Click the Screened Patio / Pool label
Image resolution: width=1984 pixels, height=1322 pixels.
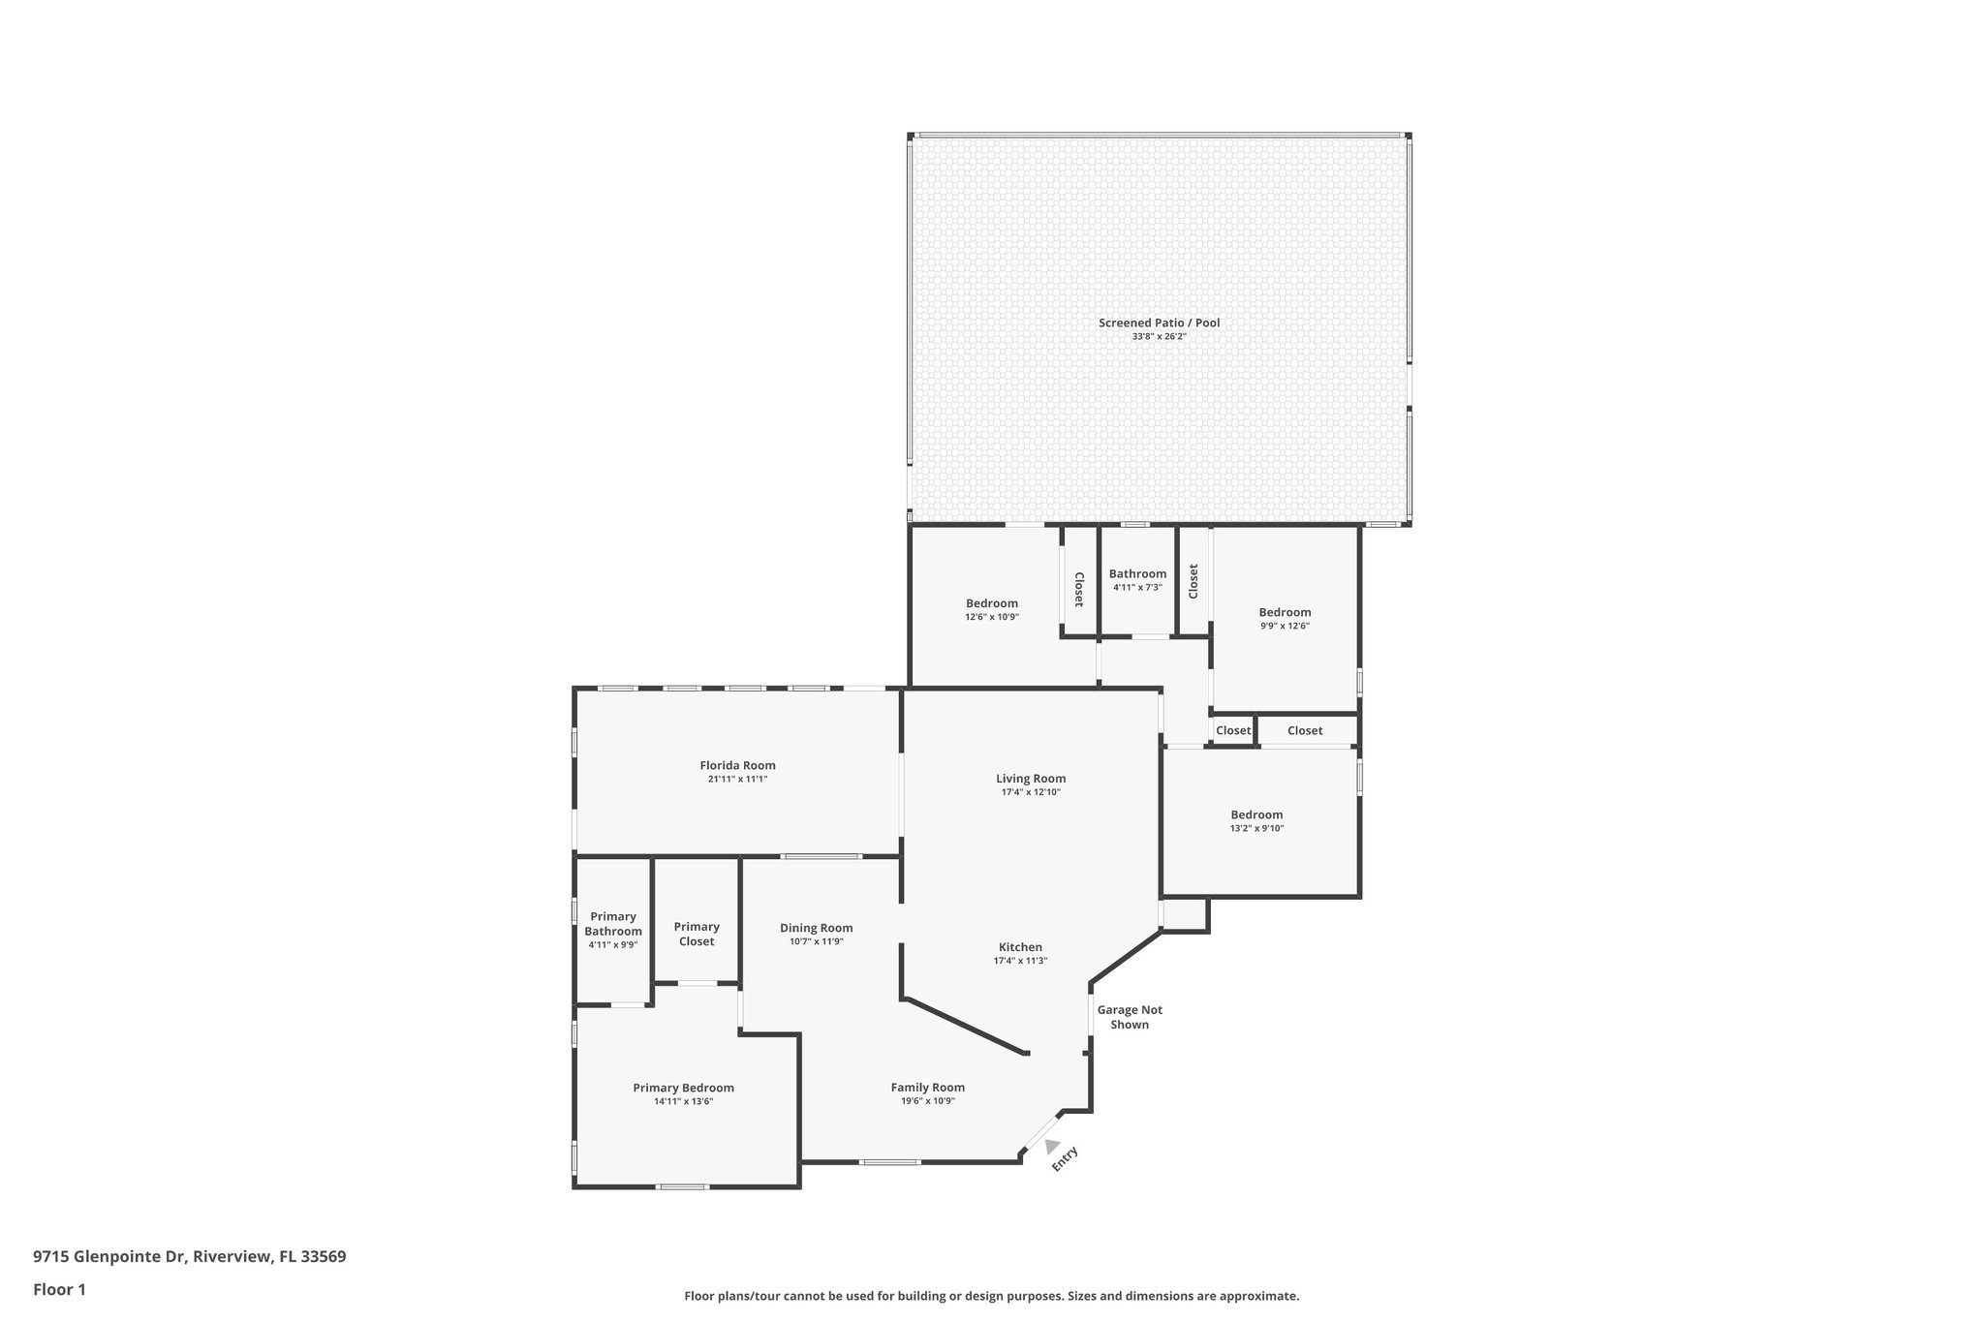point(1159,323)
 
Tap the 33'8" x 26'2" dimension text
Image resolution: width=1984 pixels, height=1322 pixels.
point(1159,337)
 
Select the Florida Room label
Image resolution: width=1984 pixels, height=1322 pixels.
point(737,765)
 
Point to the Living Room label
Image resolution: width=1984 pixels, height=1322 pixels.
point(1031,778)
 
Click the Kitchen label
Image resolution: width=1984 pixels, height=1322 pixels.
point(1020,947)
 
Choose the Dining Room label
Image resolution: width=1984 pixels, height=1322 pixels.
point(816,928)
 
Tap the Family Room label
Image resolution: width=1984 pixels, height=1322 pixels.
point(927,1087)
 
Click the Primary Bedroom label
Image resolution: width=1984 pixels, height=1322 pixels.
point(683,1088)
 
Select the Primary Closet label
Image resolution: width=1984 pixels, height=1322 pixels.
point(697,934)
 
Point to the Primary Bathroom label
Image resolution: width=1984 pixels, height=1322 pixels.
point(612,923)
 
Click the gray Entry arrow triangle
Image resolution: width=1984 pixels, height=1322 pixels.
point(1051,1146)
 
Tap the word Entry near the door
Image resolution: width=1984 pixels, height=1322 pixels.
point(1065,1158)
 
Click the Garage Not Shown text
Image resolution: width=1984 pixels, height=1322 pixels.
point(1130,1016)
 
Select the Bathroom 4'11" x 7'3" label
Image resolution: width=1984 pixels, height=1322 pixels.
point(1137,573)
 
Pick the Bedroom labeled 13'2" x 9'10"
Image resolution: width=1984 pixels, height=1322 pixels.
point(1256,815)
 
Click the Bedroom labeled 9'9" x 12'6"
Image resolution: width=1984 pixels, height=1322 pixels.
point(1285,612)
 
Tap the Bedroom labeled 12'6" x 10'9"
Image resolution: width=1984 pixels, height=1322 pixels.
point(991,603)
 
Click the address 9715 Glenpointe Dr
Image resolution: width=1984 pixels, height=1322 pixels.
point(110,1256)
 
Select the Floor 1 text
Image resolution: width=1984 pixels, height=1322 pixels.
point(59,1289)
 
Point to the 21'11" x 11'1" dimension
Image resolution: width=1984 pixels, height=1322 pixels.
point(737,780)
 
